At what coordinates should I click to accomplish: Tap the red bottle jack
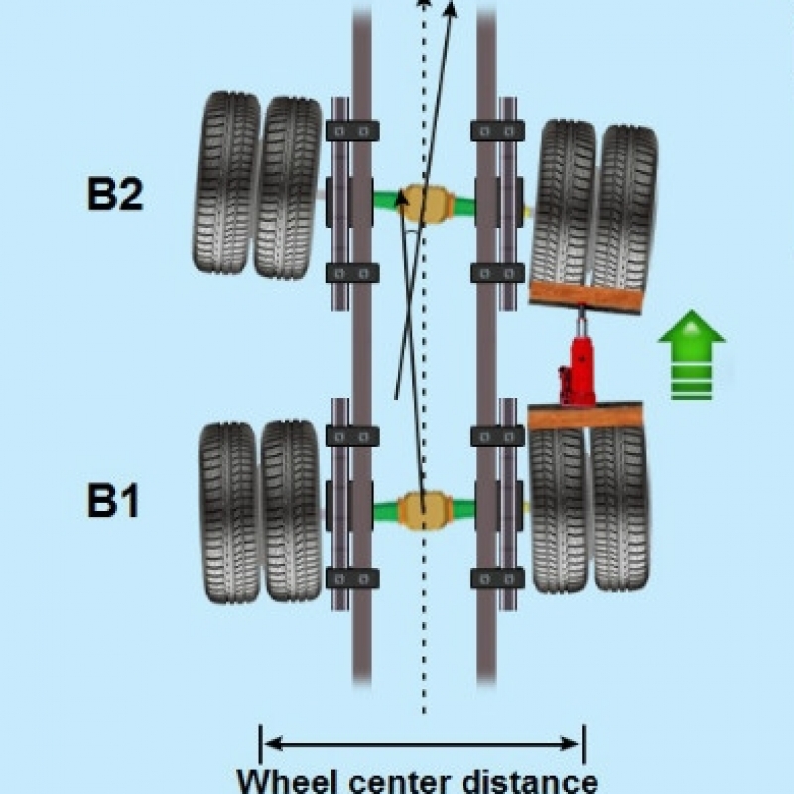[578, 362]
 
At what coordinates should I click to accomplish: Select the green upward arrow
[692, 354]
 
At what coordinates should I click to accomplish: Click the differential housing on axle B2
[425, 202]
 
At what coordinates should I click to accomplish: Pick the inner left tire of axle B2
[288, 187]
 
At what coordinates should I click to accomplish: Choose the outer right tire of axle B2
[625, 205]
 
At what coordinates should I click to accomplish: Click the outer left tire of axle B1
[229, 512]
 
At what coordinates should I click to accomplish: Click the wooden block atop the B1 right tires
[587, 417]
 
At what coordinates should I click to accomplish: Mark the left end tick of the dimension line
[260, 743]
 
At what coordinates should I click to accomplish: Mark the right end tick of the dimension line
[583, 743]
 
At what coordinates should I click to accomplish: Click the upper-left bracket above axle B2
[352, 130]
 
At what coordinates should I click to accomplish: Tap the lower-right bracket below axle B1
[497, 578]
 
